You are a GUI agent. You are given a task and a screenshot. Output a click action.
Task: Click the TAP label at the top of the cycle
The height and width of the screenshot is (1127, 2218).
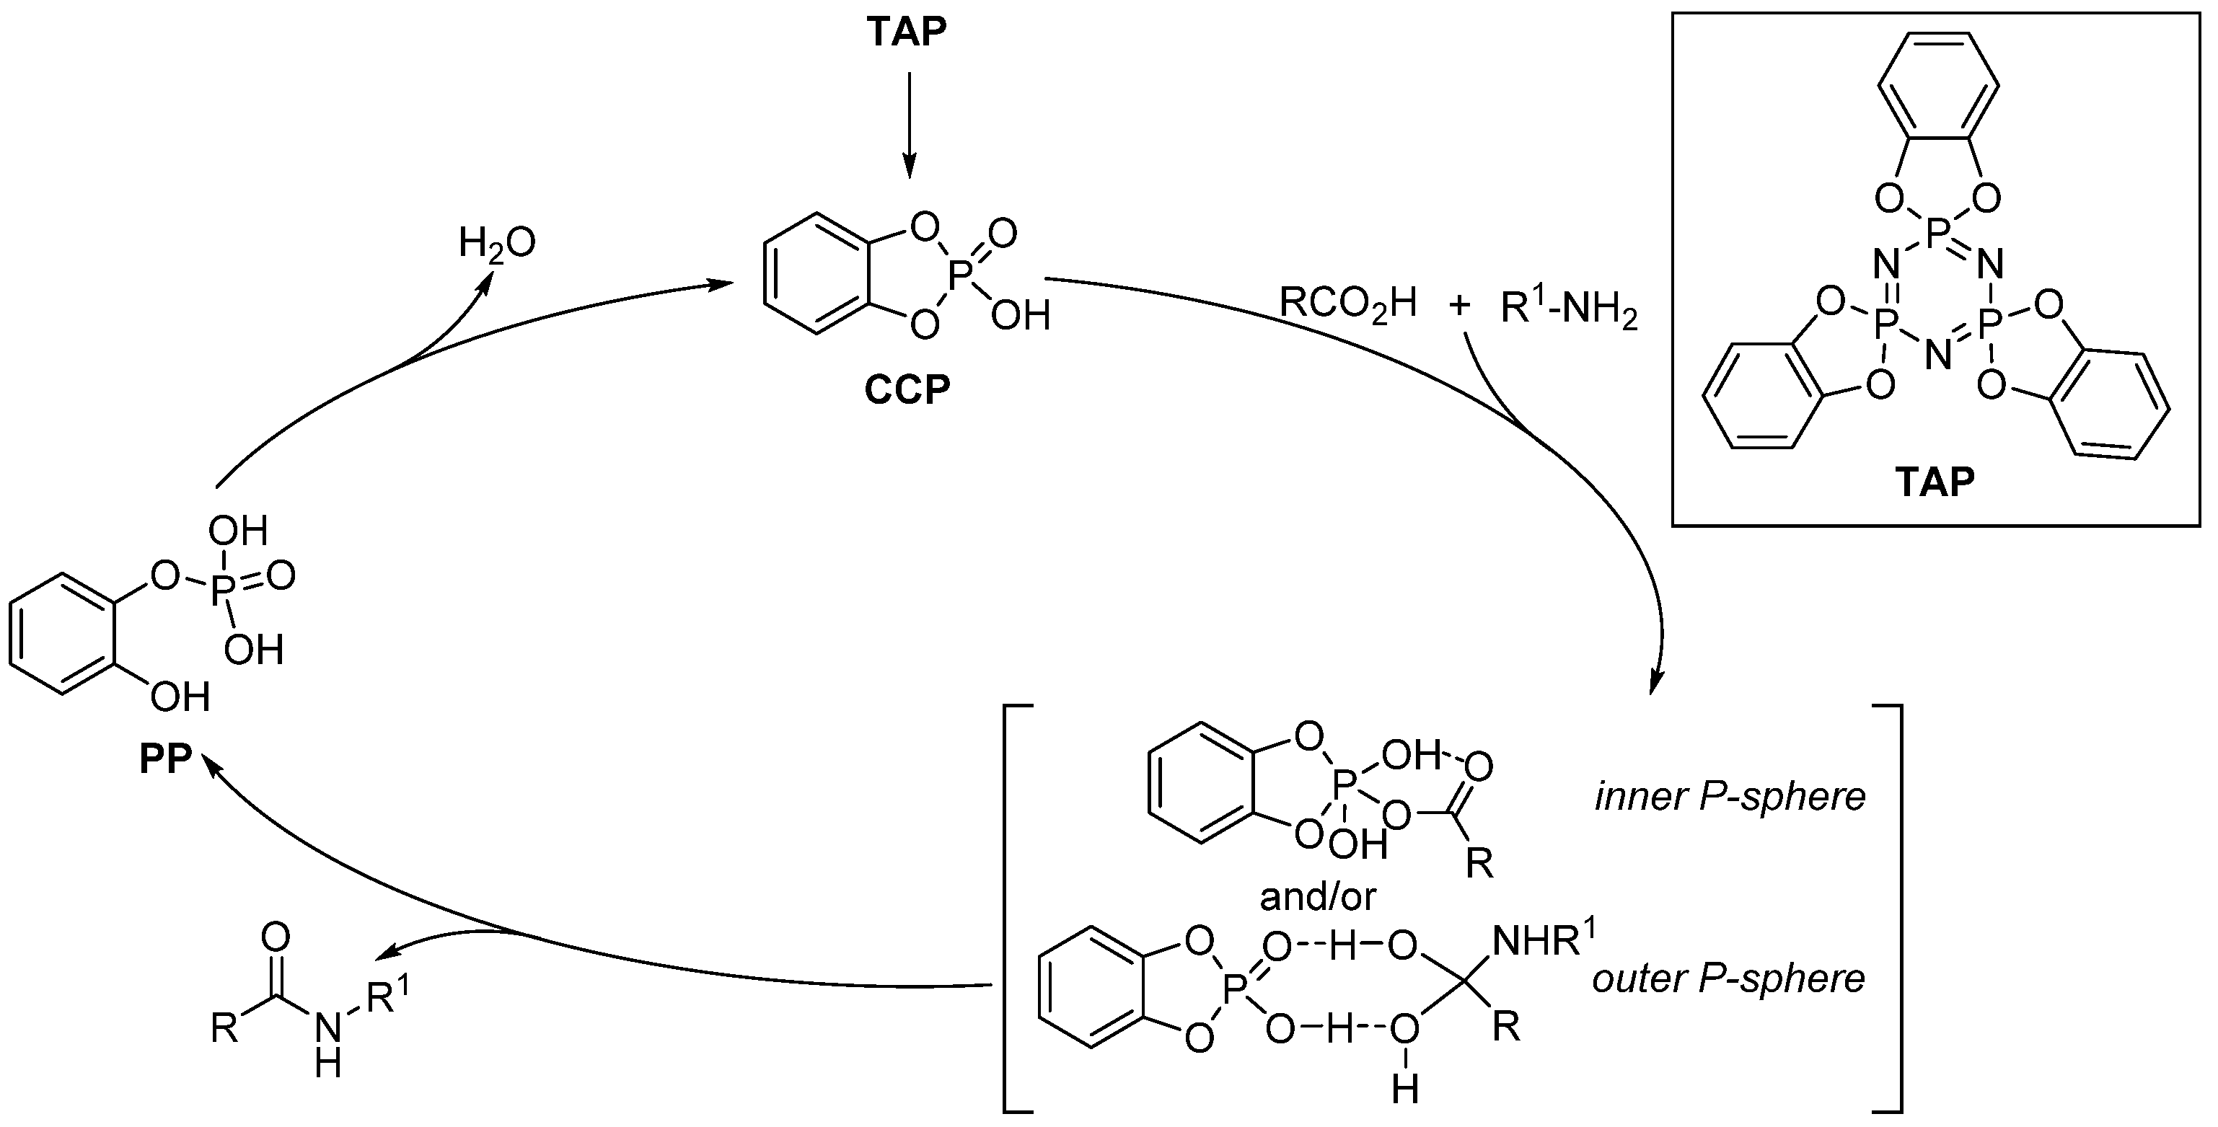pos(907,32)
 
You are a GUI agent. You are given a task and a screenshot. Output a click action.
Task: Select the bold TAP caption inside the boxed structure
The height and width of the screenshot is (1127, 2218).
pos(1934,482)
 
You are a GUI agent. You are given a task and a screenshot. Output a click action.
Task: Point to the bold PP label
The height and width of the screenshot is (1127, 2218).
pos(165,760)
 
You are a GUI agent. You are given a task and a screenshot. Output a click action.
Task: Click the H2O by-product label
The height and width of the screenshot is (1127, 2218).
pos(497,244)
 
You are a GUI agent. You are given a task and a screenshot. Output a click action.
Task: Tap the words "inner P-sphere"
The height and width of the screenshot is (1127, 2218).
pos(1730,796)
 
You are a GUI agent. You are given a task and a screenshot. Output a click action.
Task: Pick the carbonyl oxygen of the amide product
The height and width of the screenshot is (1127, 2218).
pos(276,937)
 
